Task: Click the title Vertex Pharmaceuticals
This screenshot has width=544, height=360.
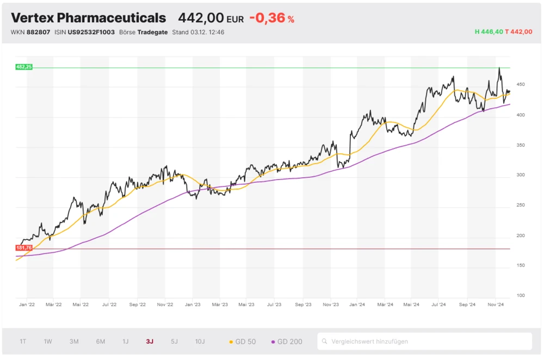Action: [x=88, y=17]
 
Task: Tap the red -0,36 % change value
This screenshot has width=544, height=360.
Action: [x=271, y=17]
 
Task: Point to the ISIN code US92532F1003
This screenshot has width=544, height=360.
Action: [x=91, y=32]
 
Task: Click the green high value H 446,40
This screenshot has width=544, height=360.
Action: [x=489, y=32]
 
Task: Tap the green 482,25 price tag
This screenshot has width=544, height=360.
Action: [x=24, y=67]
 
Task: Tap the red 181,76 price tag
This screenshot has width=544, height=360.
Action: [x=24, y=248]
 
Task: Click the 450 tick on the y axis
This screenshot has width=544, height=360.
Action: [x=521, y=85]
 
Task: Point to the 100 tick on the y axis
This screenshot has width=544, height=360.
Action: [x=521, y=295]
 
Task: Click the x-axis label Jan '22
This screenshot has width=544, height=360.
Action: [x=27, y=306]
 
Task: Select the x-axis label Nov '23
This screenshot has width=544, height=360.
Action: [x=330, y=306]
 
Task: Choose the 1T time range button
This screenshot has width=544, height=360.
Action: [x=23, y=342]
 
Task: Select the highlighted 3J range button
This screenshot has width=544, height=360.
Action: [x=150, y=342]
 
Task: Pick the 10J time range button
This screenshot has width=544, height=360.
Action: [x=200, y=342]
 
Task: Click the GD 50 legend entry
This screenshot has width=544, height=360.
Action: [x=243, y=342]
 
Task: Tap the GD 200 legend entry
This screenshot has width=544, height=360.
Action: [x=287, y=342]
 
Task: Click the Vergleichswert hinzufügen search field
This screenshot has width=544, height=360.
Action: [x=424, y=342]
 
